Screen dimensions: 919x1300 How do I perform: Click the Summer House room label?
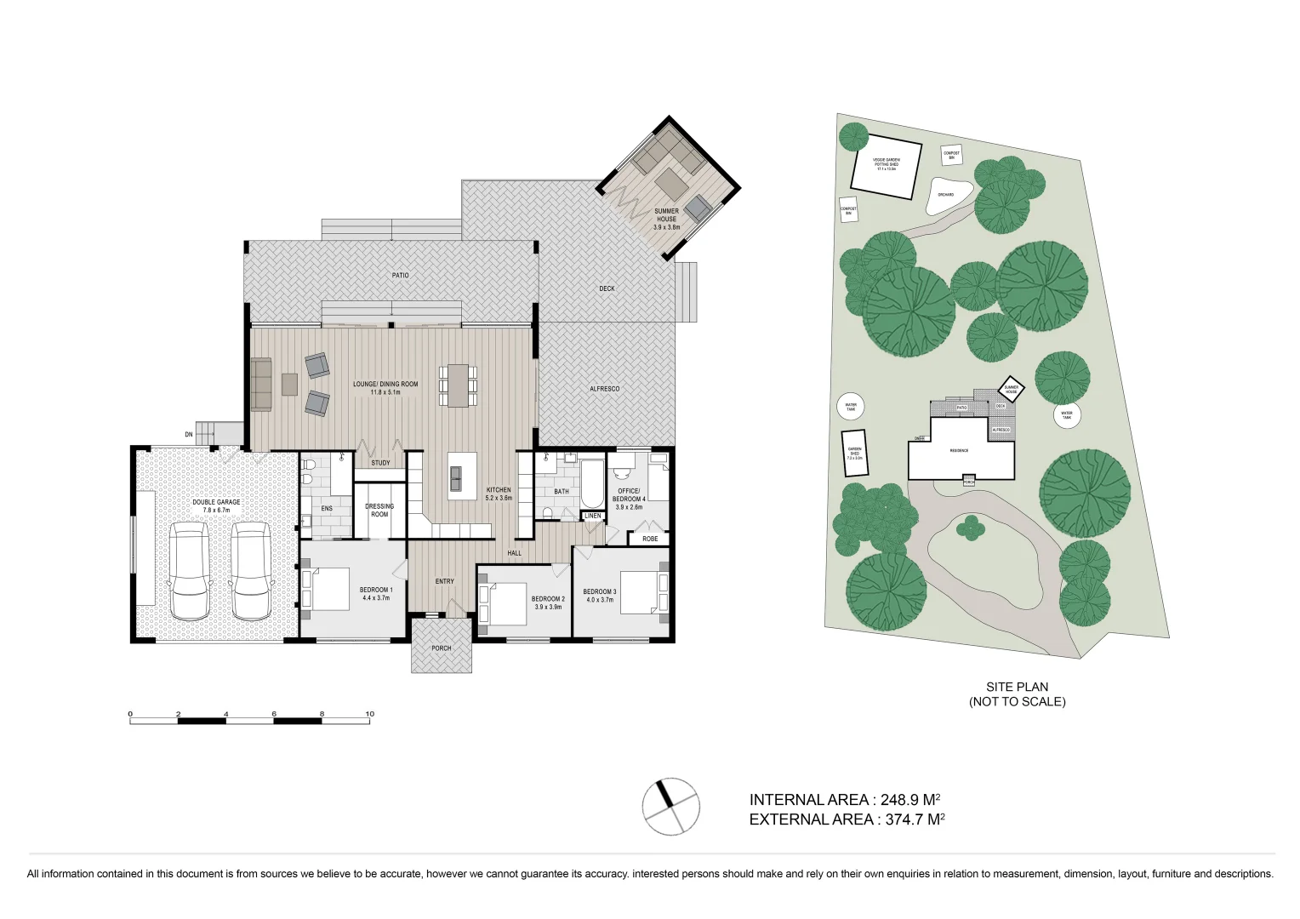click(666, 219)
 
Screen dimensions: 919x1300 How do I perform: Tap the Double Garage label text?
click(216, 505)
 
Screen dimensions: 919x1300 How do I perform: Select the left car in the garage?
click(189, 571)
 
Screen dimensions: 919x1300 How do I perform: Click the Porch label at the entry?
click(441, 648)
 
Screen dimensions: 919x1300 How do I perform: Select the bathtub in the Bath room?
click(591, 483)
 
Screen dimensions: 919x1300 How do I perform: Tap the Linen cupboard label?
click(593, 516)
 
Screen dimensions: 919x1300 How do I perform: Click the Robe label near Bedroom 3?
click(650, 539)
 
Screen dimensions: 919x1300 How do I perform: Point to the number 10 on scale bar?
click(369, 714)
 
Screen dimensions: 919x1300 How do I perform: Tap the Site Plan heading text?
click(1017, 687)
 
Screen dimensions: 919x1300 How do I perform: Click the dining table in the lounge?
click(458, 385)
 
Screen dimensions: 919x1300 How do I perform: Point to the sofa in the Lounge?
click(260, 385)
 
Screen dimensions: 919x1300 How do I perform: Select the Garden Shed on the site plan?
click(854, 453)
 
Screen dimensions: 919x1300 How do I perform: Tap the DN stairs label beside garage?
click(189, 435)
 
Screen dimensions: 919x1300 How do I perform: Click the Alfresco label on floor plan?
click(604, 389)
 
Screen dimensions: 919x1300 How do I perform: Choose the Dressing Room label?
click(379, 510)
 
